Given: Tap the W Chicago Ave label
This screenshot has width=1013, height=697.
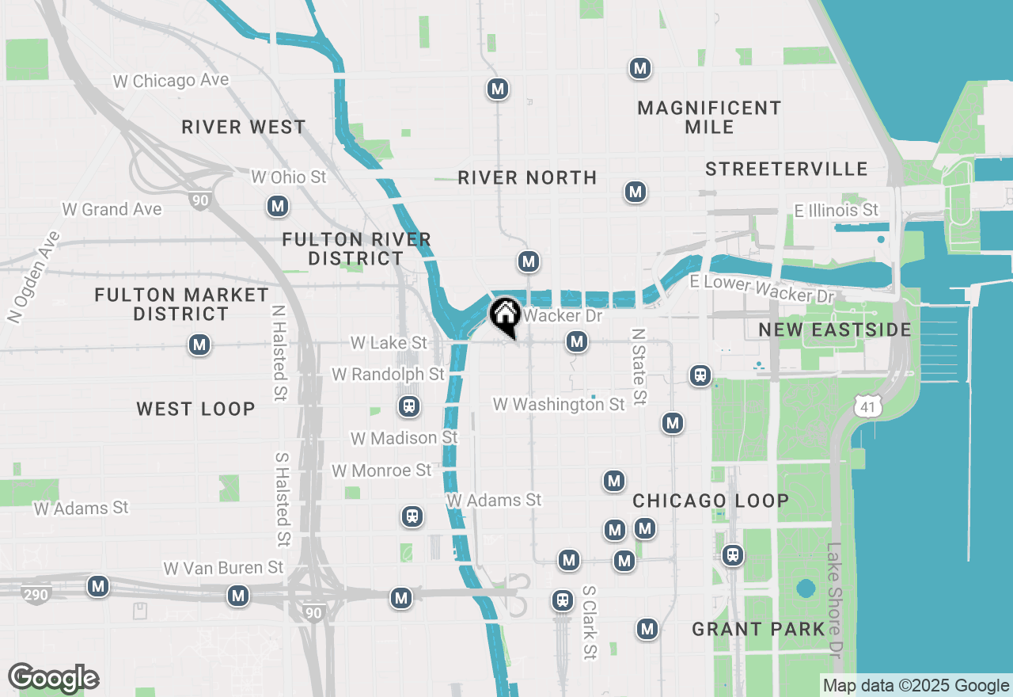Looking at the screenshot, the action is [171, 81].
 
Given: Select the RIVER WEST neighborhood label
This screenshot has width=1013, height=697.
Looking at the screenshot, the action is [243, 127].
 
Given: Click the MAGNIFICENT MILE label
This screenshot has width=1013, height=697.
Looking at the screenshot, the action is [709, 117].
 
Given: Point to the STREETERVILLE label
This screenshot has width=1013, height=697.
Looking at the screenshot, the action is [787, 169].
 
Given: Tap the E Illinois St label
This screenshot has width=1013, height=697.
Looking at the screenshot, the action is [837, 210].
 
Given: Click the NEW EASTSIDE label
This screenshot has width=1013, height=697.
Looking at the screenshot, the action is [835, 329].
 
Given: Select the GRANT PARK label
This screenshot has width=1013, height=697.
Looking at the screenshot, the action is [758, 629].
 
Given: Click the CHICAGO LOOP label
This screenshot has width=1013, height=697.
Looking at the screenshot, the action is [711, 501].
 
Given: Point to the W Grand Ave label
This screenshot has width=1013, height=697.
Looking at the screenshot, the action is [112, 209].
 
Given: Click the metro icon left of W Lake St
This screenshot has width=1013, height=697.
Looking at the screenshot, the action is [199, 345].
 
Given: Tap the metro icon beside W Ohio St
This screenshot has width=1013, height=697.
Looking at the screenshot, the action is [277, 207].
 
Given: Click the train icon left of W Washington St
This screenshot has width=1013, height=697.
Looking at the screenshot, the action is [409, 406].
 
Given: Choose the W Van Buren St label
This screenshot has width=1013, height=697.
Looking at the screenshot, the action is [223, 568].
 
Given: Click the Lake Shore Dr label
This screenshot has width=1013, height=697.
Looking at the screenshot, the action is [833, 600].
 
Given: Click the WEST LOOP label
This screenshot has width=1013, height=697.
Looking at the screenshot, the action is [195, 409].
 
